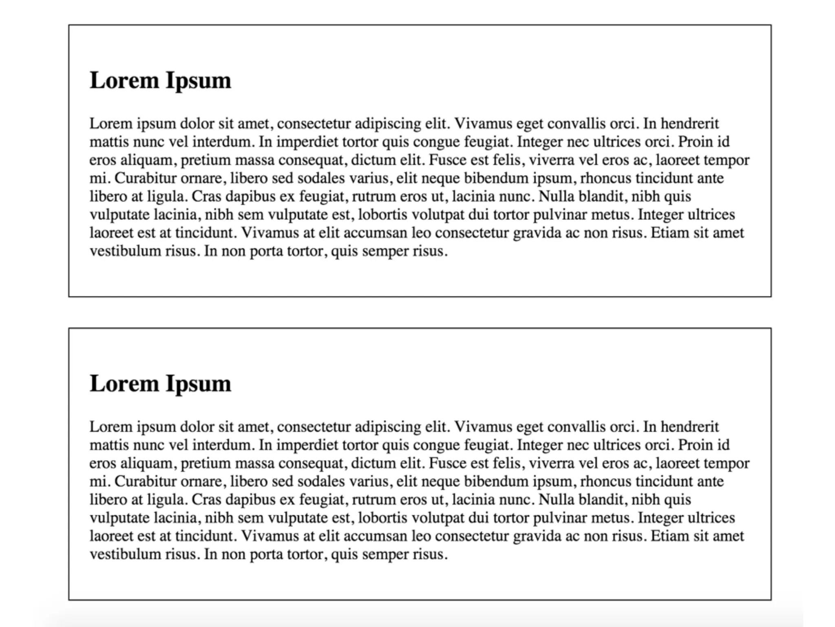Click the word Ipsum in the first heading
(x=198, y=81)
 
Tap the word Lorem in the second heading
(x=124, y=384)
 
